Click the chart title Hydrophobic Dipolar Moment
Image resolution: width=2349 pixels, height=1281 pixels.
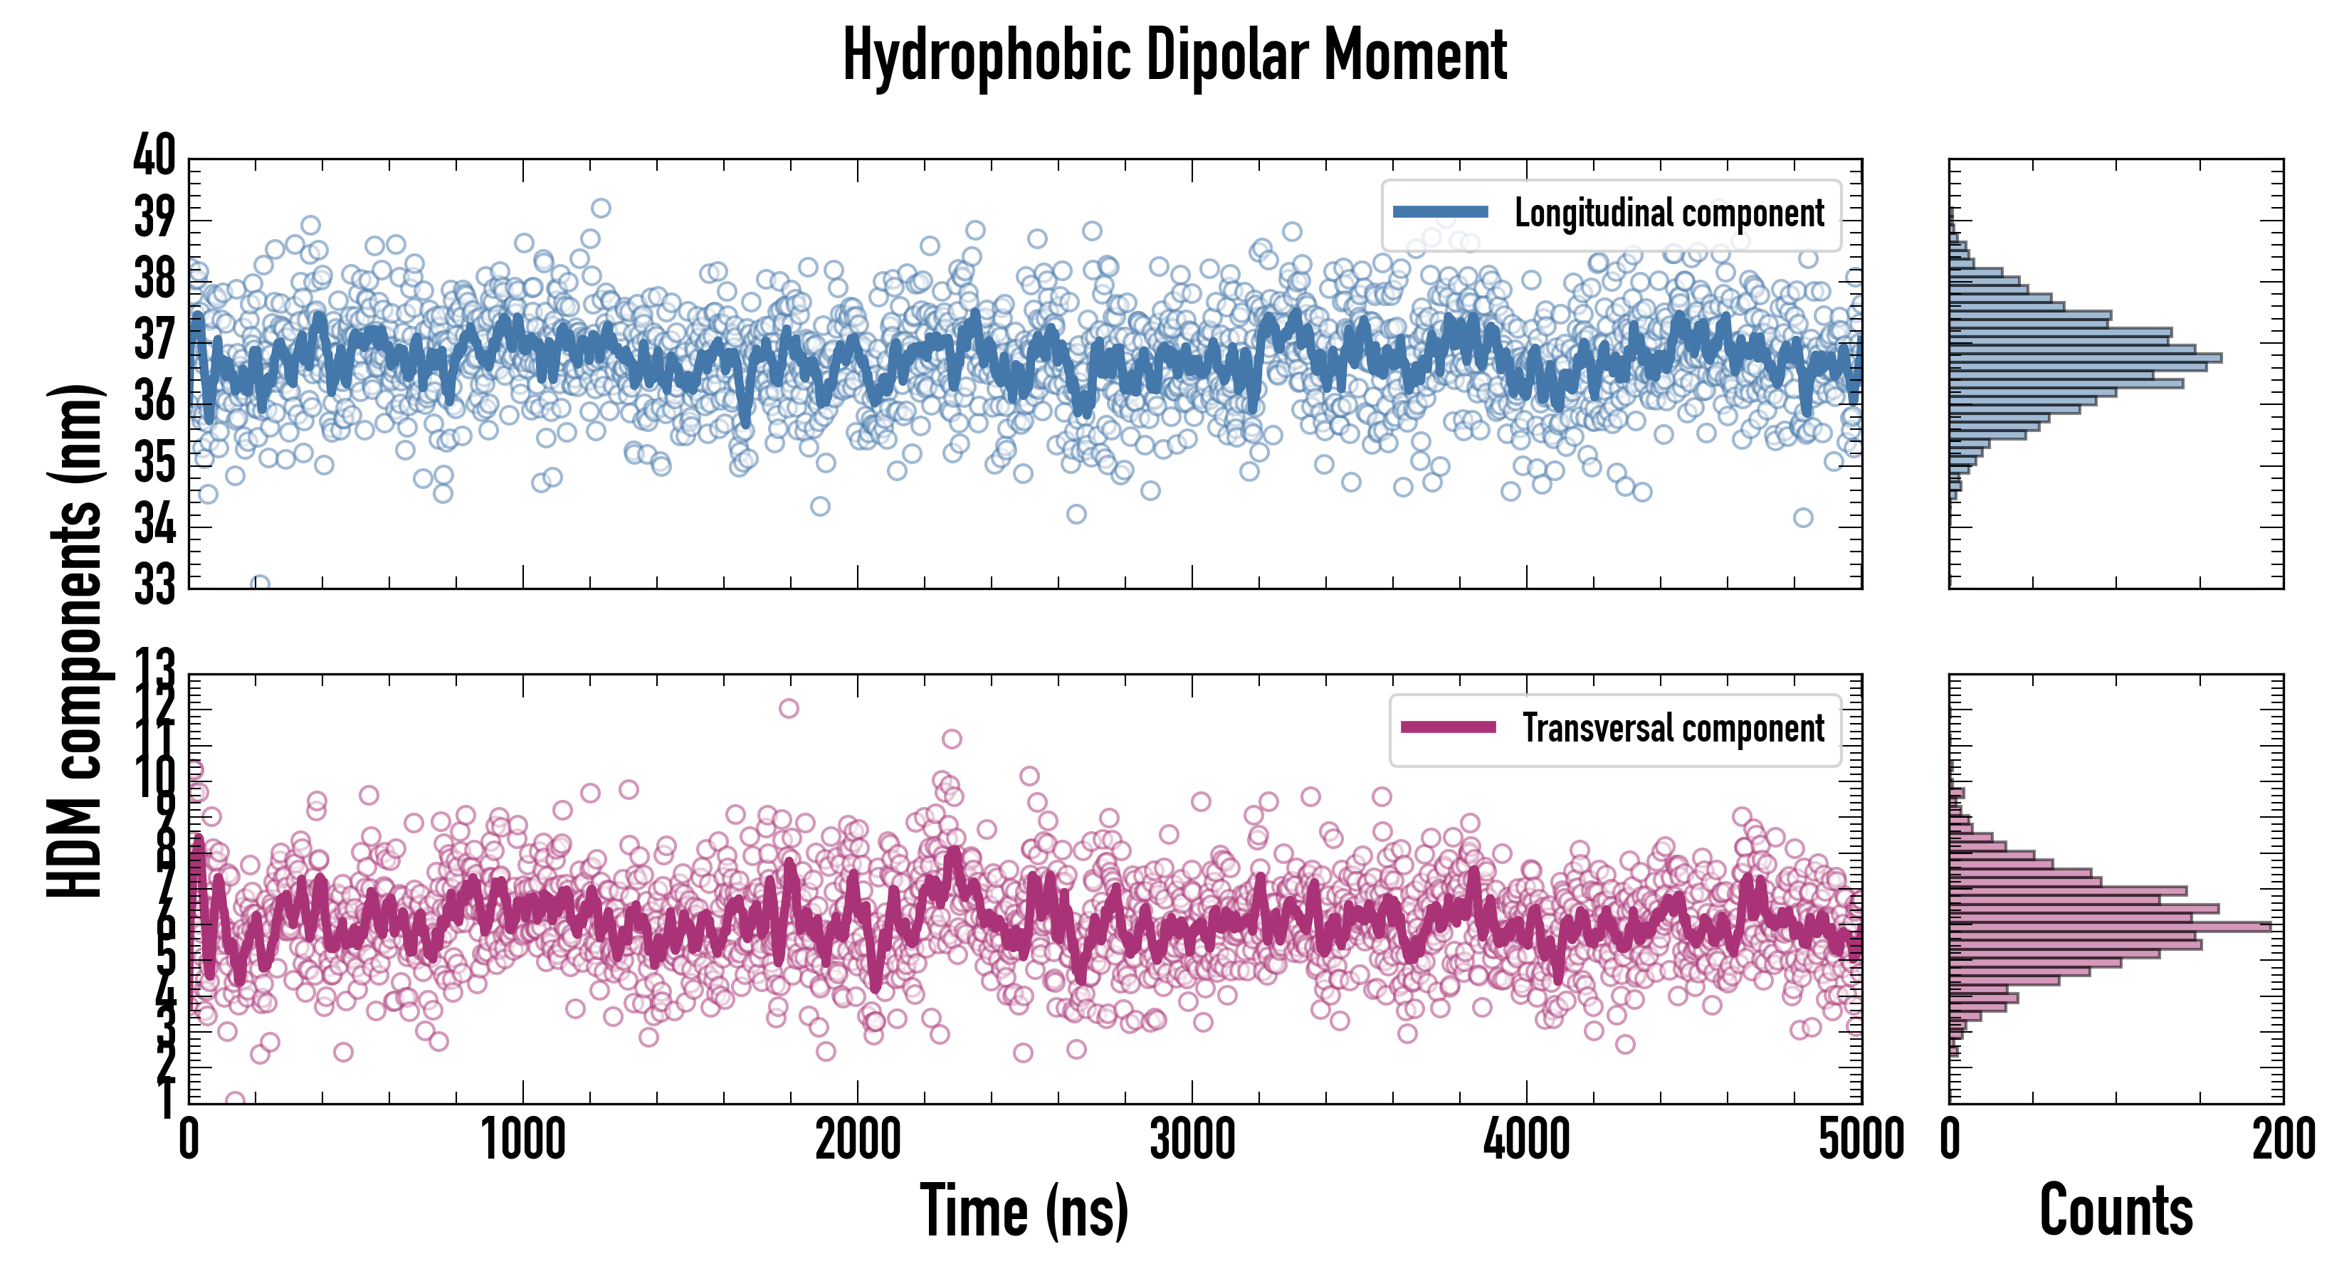1174,56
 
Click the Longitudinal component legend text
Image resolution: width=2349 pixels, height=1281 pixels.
1669,213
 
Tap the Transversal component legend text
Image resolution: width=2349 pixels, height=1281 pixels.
1673,729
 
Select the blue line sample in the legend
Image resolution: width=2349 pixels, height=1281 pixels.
1441,213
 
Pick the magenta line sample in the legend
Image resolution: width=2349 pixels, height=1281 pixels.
1448,727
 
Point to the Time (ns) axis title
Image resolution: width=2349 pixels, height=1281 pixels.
1024,1211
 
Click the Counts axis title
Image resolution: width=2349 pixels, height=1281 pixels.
2116,1211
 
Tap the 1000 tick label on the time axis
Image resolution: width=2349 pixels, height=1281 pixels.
523,1141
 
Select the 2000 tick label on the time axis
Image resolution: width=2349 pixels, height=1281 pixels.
857,1141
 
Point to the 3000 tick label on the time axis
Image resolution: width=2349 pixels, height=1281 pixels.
1192,1141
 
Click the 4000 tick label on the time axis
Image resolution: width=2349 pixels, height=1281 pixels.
1526,1141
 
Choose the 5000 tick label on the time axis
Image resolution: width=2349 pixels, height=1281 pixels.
1860,1141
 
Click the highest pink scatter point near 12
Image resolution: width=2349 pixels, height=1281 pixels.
789,708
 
